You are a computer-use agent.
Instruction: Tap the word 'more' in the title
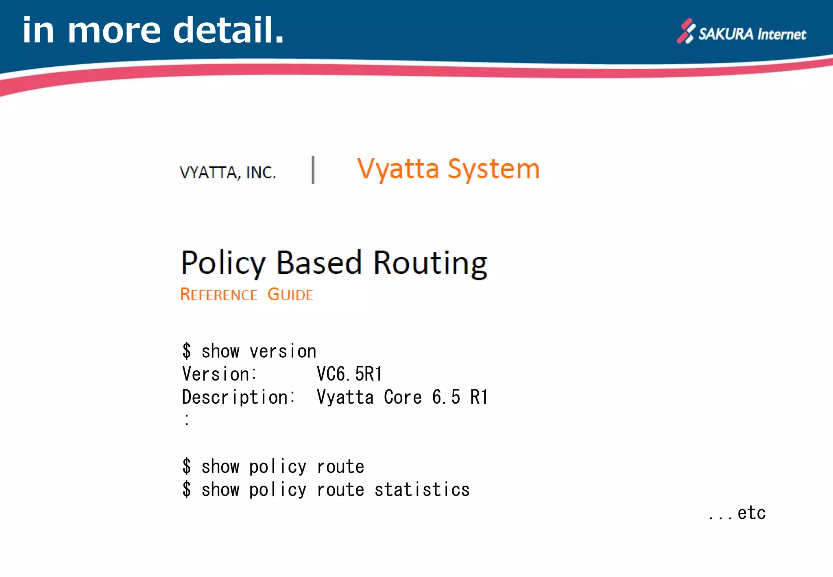[114, 31]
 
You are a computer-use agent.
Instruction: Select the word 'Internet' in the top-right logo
[781, 34]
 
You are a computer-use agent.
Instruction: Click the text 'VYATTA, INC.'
[228, 173]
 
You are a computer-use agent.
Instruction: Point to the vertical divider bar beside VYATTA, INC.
[313, 170]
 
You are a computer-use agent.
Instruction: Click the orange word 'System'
[493, 169]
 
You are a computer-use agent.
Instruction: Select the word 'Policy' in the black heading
[223, 263]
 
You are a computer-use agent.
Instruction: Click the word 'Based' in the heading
[319, 262]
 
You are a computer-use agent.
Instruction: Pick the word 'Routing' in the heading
[430, 264]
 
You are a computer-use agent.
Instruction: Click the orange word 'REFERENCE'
[219, 295]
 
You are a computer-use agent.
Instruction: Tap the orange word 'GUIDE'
[290, 295]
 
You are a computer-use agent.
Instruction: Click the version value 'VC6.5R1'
[349, 374]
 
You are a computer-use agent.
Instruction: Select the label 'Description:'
[239, 397]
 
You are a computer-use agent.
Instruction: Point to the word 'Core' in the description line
[403, 397]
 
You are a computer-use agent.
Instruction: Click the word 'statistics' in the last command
[422, 490]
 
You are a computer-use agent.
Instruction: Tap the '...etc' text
[737, 513]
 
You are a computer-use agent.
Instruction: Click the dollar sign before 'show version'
[187, 351]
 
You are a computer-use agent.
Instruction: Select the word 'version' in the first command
[283, 351]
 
